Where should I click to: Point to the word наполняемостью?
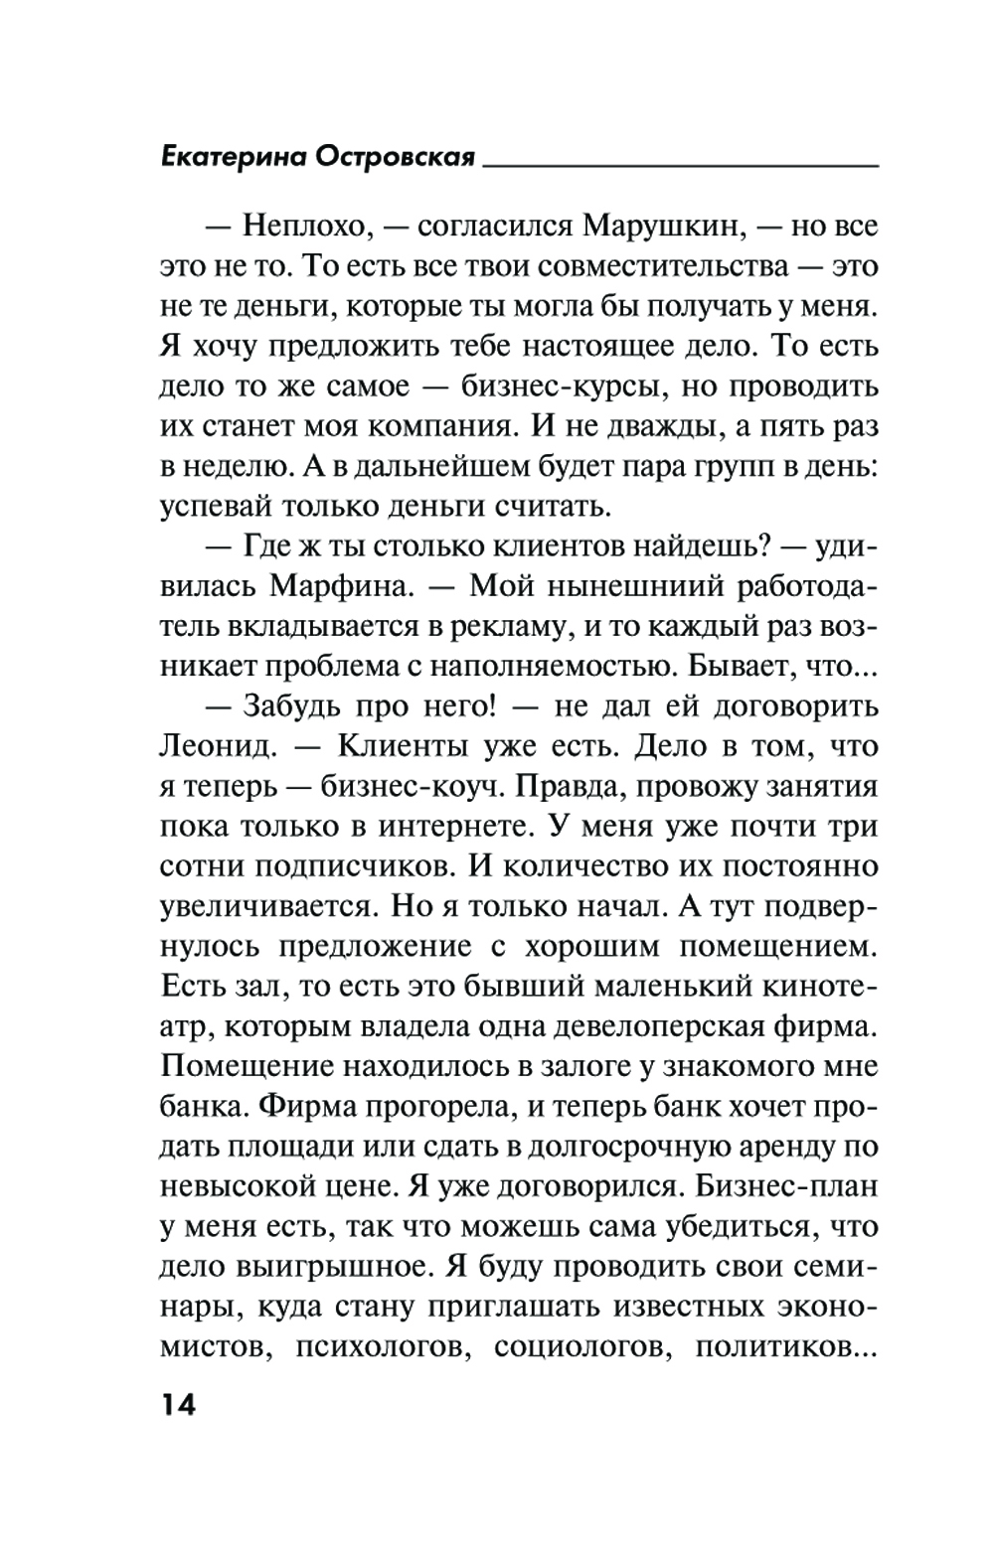[547, 667]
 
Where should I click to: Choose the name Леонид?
[212, 746]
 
